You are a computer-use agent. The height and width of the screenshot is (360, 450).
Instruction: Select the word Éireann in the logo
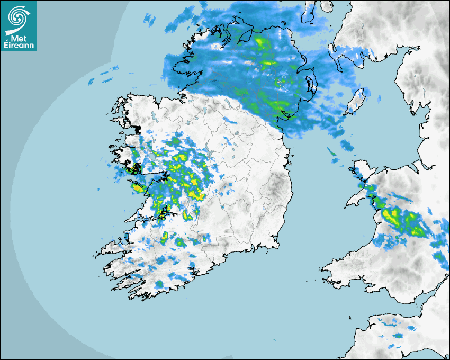click(x=19, y=46)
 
